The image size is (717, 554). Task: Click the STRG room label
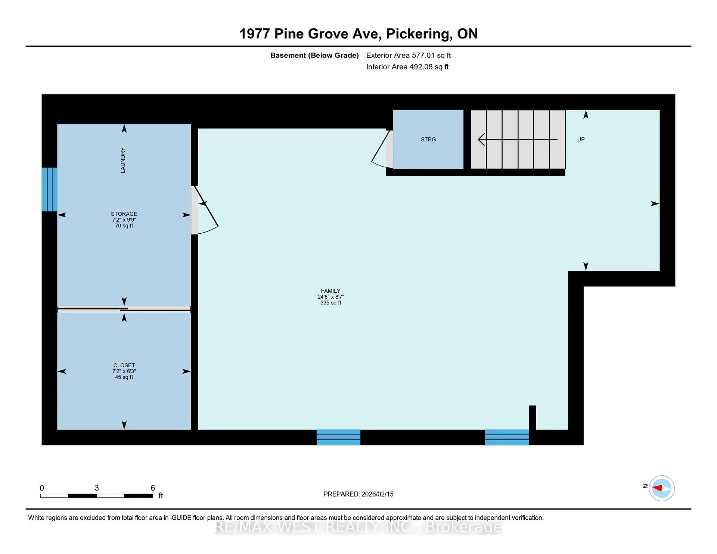[x=428, y=139]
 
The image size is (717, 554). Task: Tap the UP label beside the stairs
[x=581, y=139]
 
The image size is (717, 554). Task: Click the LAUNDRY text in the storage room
[x=123, y=160]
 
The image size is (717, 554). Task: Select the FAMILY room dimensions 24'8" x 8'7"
[x=330, y=297]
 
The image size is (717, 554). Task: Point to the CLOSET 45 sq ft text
[x=124, y=377]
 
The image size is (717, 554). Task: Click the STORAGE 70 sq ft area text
[x=124, y=225]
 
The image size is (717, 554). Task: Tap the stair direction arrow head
[x=481, y=139]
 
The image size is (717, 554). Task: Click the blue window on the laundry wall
[x=49, y=189]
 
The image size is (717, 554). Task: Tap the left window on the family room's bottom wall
[x=338, y=437]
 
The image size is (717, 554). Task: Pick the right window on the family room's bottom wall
[x=507, y=437]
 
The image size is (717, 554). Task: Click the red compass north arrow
[x=658, y=488]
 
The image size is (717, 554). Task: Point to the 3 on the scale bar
[x=97, y=488]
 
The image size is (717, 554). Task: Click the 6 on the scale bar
[x=153, y=488]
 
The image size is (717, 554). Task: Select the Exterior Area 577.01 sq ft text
[x=408, y=55]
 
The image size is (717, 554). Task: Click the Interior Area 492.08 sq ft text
[x=407, y=67]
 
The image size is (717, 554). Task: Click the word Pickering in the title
[x=417, y=34]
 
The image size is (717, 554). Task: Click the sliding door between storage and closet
[x=124, y=309]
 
